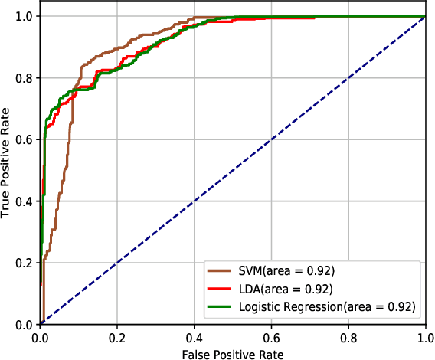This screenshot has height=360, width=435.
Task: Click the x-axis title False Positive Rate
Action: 233,354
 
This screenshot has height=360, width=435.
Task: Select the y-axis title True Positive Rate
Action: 7,169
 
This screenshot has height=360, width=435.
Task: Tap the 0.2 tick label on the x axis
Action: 117,337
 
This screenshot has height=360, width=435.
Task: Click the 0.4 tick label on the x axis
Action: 195,337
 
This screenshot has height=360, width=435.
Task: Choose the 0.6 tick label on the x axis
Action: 272,337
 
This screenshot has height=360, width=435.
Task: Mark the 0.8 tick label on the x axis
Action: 349,337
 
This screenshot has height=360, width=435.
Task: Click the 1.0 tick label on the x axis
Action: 426,337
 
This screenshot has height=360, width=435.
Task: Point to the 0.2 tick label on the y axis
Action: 24,263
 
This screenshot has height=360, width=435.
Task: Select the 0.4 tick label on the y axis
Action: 24,201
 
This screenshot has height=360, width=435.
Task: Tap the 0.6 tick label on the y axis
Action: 24,139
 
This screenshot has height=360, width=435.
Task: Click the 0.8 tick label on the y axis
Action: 24,78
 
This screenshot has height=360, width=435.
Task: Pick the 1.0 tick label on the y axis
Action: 24,16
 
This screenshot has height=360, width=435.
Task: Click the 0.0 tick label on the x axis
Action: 40,337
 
